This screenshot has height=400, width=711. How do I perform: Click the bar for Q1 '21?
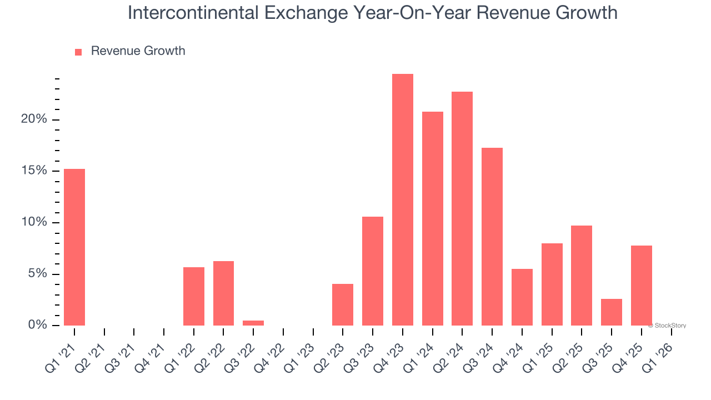click(74, 247)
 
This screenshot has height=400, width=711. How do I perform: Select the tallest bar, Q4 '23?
click(403, 200)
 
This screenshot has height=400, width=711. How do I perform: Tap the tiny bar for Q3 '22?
click(253, 323)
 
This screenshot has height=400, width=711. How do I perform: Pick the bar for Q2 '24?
click(462, 208)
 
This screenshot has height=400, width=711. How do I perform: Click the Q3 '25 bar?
click(612, 312)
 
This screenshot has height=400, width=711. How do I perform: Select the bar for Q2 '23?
click(343, 304)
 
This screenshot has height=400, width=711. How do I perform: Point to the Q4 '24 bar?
click(522, 297)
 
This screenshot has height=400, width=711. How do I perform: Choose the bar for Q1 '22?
click(194, 296)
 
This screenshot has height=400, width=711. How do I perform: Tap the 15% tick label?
click(33, 171)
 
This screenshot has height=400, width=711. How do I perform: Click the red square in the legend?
click(78, 52)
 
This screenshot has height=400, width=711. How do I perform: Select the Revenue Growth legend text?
click(138, 51)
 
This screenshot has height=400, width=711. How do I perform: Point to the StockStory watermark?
click(667, 326)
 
